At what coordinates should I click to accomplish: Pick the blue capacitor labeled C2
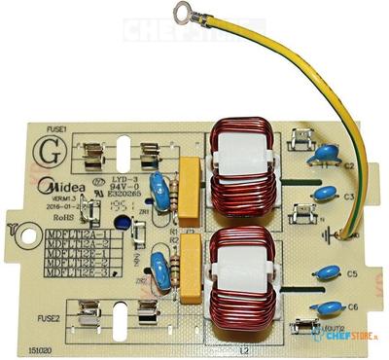point(326,155)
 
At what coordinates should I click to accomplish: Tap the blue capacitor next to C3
point(324,193)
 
